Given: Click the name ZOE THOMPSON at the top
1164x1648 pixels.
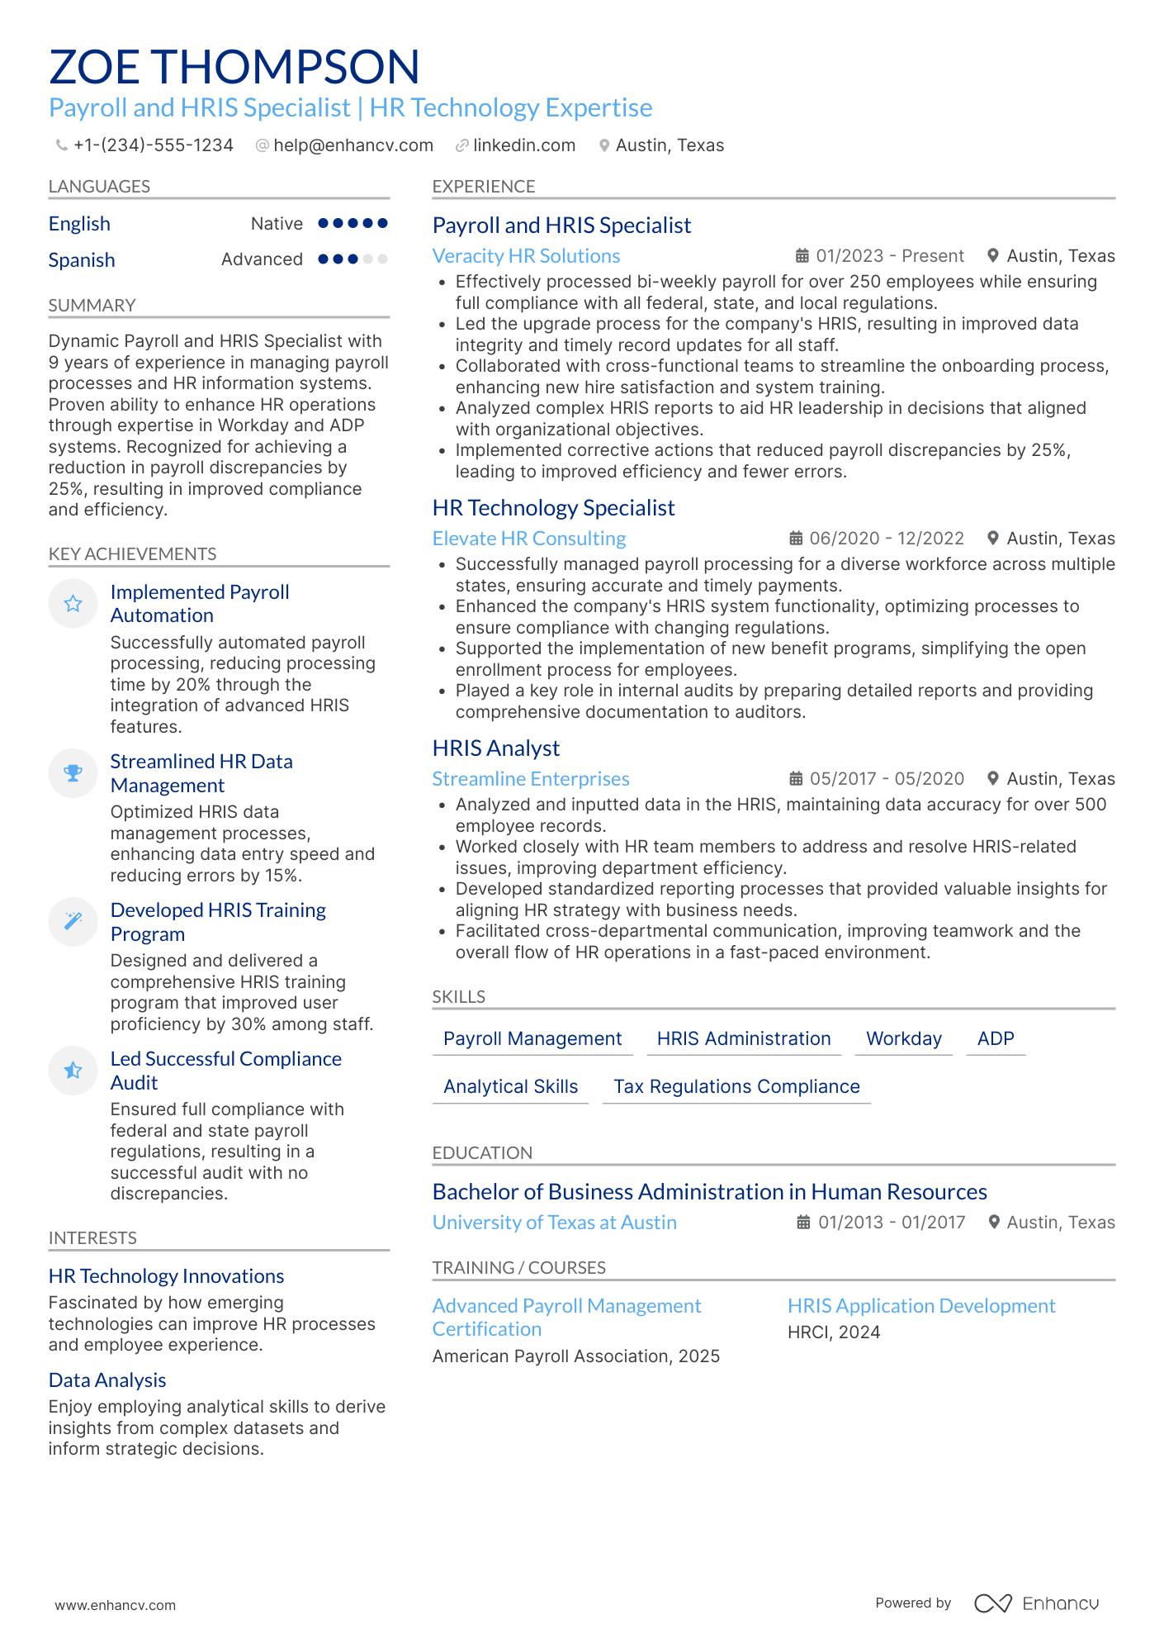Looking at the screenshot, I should [x=234, y=67].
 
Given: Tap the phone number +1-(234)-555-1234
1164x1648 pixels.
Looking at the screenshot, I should [x=153, y=145].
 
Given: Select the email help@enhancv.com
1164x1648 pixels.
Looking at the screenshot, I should [x=353, y=145].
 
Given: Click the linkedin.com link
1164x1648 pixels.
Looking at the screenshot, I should [x=523, y=145].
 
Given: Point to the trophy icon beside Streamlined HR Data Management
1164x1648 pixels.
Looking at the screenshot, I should [x=73, y=773].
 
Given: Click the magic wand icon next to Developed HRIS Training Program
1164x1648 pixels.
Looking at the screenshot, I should [x=73, y=921].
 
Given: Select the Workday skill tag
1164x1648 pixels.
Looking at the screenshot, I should [x=903, y=1039].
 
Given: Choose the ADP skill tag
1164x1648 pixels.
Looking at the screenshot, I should [x=995, y=1039].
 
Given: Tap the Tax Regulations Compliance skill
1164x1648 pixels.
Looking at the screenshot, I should [x=736, y=1087].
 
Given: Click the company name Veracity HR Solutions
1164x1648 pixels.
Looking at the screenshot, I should [x=526, y=256].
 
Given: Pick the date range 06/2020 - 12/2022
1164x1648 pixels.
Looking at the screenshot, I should [x=886, y=539].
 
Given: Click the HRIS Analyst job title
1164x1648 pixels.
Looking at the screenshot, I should [x=495, y=748].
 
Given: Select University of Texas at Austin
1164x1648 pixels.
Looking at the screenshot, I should [x=554, y=1223].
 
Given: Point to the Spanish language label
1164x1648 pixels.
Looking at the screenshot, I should [x=82, y=260].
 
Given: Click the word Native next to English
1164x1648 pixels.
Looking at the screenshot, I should [x=277, y=224].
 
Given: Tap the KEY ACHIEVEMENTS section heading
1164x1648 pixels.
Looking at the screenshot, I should [x=132, y=554].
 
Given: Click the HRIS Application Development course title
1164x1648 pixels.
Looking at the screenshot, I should [x=920, y=1306].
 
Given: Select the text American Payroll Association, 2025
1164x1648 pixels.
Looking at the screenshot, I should [x=575, y=1356].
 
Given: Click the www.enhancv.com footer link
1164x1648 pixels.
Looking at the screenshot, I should [x=115, y=1605].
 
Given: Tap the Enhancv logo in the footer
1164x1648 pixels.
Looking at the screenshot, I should [x=1036, y=1603].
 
